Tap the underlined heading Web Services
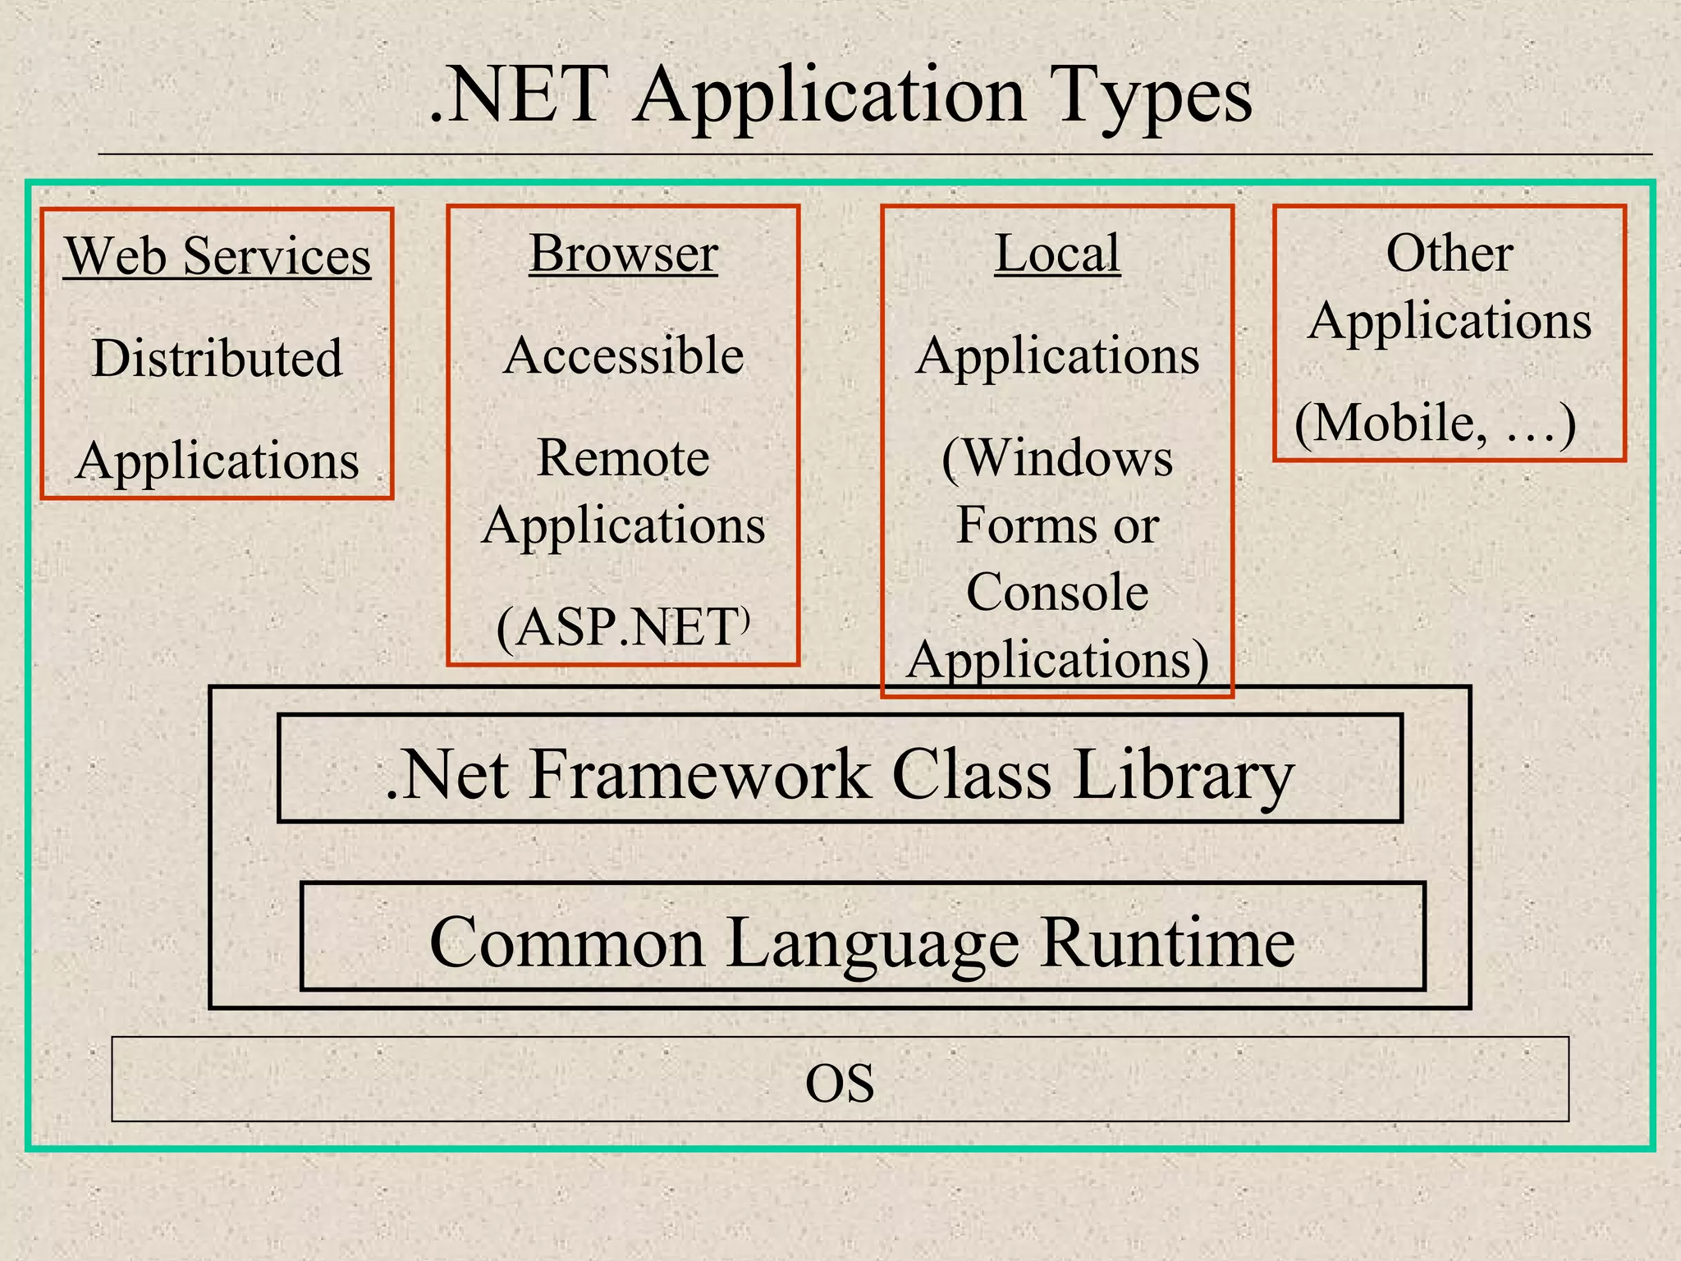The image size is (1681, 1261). (x=218, y=255)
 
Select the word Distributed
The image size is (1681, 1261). (x=217, y=358)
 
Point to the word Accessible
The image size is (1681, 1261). (x=624, y=355)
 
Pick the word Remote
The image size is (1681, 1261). (x=623, y=457)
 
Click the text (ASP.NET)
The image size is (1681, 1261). (x=623, y=628)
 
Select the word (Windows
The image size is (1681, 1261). (x=1057, y=457)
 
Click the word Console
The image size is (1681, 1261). (x=1057, y=592)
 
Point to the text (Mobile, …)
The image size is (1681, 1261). (x=1436, y=424)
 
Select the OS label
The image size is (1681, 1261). (x=840, y=1083)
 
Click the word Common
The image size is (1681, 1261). (x=566, y=942)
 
